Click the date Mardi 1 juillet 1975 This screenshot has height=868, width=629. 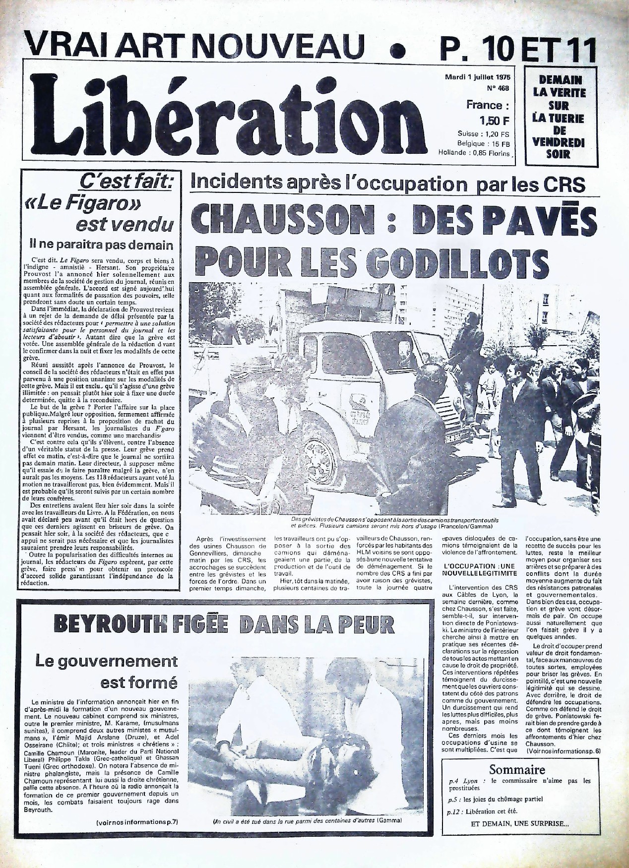tap(478, 78)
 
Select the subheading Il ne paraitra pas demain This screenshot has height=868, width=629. tap(102, 245)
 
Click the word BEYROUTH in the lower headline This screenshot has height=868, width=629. tap(115, 624)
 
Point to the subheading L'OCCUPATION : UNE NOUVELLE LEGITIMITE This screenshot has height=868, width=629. tap(473, 569)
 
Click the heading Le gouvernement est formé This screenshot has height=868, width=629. tap(107, 672)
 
